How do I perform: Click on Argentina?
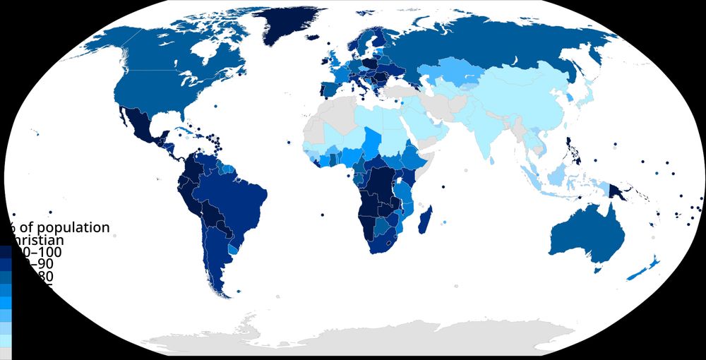[212, 261]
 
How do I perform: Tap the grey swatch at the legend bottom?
[5, 352]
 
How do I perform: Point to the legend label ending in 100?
[39, 252]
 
